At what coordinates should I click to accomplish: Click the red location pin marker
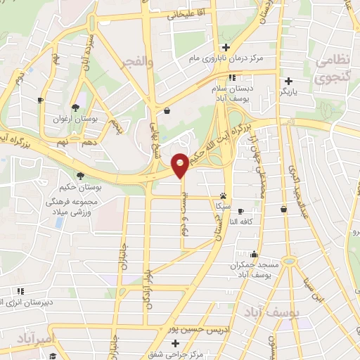pos(181,165)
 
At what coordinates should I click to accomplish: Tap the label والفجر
pos(138,63)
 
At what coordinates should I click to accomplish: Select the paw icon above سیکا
pos(224,196)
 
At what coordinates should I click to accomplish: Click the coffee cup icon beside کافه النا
pos(240,211)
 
